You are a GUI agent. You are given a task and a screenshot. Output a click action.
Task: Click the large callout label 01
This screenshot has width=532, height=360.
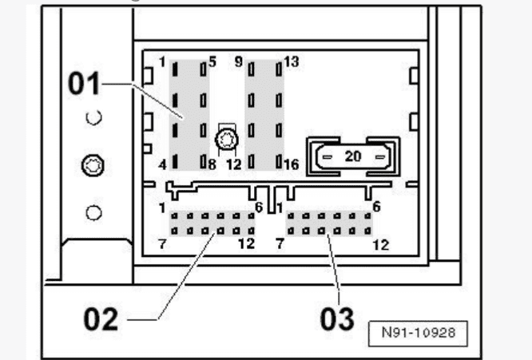[84, 83]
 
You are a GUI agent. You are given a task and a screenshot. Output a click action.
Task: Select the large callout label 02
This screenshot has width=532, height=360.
[101, 319]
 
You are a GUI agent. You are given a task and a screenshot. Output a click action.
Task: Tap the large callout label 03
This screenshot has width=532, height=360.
[337, 319]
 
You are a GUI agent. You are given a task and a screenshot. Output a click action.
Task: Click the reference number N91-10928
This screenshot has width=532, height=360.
[418, 333]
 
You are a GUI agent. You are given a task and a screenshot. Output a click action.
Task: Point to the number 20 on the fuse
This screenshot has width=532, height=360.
[353, 156]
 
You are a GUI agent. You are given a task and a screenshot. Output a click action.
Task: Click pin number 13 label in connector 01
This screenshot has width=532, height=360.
[292, 61]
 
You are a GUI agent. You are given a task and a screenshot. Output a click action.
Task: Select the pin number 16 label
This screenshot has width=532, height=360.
[292, 164]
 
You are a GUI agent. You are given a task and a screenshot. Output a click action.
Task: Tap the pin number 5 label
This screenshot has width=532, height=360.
[212, 61]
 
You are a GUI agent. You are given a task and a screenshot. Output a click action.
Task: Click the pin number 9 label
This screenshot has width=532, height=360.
[239, 61]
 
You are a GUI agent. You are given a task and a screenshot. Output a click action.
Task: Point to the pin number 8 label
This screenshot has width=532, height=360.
[212, 165]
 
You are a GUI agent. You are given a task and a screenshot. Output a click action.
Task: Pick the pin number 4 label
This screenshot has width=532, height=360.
[162, 165]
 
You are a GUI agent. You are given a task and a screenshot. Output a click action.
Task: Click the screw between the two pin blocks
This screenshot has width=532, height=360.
[227, 140]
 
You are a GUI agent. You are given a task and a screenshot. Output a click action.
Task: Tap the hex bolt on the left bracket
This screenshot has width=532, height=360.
[93, 165]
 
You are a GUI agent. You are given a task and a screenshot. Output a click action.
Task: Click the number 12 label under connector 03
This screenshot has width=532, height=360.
[381, 245]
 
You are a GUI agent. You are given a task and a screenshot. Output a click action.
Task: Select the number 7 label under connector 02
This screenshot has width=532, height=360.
[162, 244]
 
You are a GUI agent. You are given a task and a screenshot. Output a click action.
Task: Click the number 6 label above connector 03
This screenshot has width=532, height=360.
[376, 207]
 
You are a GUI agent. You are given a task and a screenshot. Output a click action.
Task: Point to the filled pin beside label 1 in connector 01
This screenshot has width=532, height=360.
[175, 69]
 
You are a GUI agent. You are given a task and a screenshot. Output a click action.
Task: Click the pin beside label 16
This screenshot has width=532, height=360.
[279, 162]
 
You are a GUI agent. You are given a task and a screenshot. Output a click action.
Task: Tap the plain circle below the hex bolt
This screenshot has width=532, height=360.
[93, 213]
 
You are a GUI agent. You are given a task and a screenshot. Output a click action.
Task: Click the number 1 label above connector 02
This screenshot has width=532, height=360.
[162, 208]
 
